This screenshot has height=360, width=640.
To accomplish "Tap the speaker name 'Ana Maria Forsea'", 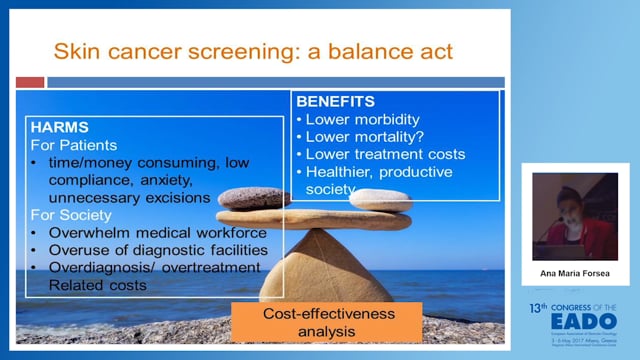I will tap(571, 271).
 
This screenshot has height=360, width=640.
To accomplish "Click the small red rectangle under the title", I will tap(31, 82).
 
